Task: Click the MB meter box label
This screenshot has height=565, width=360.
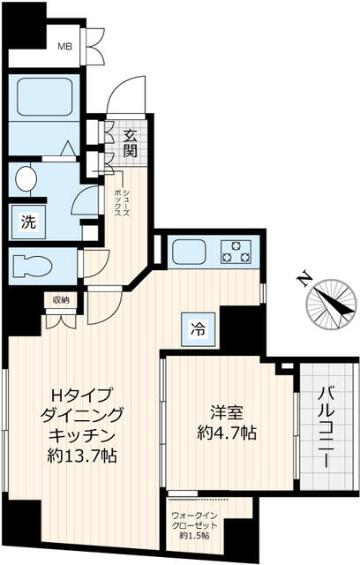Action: click(65, 47)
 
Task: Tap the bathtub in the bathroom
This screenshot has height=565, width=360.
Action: click(45, 96)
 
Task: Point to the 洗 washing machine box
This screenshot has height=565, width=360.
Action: click(28, 222)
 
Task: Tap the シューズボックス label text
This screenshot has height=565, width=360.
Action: click(122, 204)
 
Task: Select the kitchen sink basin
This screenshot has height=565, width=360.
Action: click(189, 252)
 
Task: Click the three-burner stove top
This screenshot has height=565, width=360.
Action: click(236, 252)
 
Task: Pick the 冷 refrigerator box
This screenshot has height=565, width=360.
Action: click(199, 328)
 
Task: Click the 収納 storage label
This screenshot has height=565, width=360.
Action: click(61, 299)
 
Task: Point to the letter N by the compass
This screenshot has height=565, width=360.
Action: click(304, 277)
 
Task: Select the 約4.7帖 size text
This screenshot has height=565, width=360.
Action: click(227, 432)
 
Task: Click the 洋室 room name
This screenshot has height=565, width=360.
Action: click(227, 413)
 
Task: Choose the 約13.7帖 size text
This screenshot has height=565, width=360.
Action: click(82, 456)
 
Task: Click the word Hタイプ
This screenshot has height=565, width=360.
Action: click(81, 395)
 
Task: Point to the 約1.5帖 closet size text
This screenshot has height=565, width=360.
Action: click(194, 536)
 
